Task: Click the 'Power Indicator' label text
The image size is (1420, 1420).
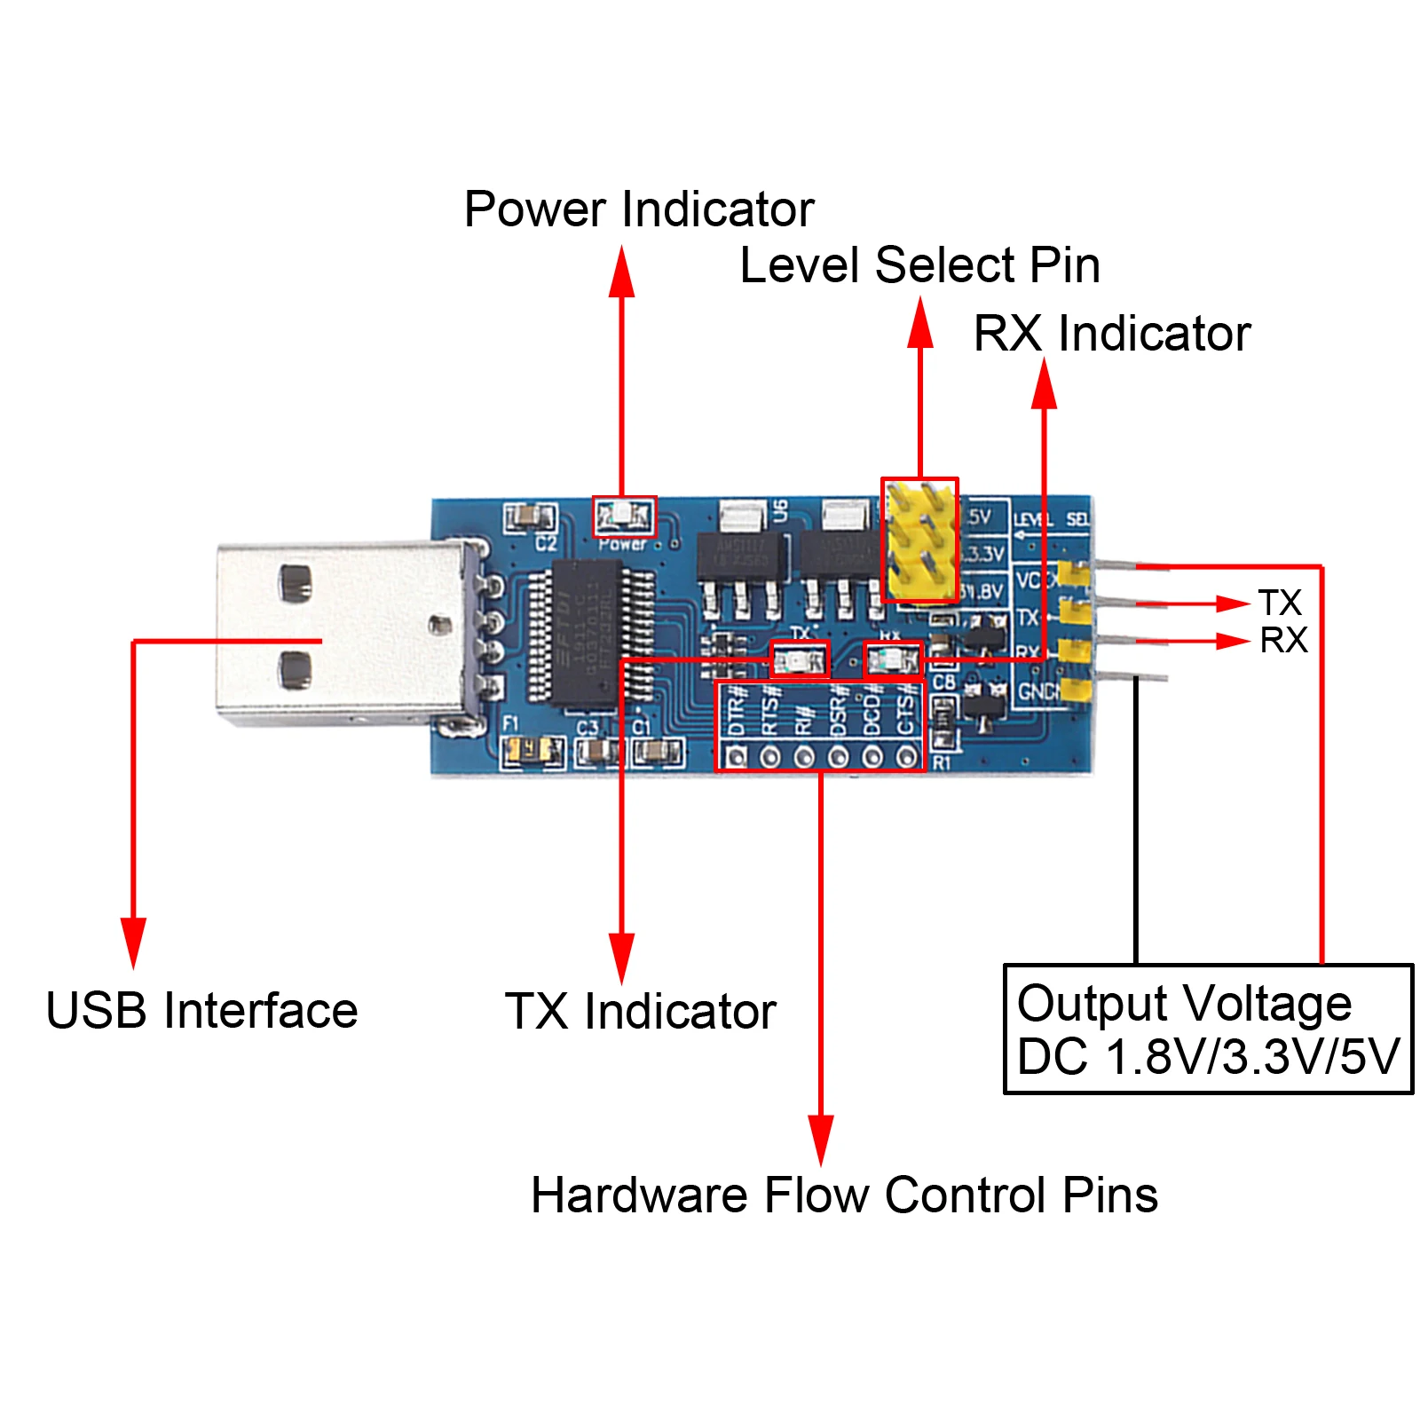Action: coord(638,209)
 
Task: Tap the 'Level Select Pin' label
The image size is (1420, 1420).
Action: coord(919,265)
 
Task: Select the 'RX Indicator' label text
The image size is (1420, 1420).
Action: coord(1111,334)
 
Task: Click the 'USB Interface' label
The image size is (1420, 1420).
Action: coord(201,1011)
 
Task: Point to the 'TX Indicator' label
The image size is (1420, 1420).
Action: coord(640,1012)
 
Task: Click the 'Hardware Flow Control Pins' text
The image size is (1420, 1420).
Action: coord(843,1195)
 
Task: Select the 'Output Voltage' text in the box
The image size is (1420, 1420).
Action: coord(1184,1004)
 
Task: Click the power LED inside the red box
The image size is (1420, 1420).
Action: coord(624,516)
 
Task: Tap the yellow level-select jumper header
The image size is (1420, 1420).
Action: coord(919,540)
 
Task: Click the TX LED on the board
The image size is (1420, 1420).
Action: coord(800,660)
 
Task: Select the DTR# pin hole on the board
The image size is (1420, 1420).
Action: coord(736,757)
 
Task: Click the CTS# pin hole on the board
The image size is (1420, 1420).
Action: coord(906,757)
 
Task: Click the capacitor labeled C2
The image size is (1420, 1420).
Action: coord(530,517)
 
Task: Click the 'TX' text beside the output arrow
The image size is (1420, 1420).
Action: coord(1279,603)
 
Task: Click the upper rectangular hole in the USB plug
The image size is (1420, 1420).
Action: coord(295,583)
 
